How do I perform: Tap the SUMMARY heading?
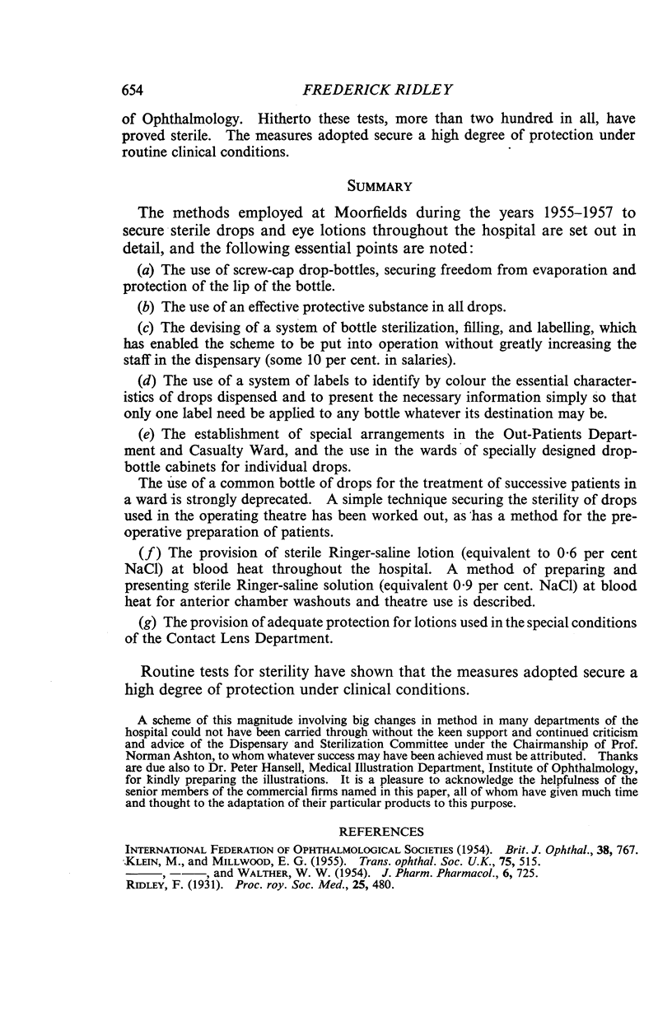click(x=338, y=187)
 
